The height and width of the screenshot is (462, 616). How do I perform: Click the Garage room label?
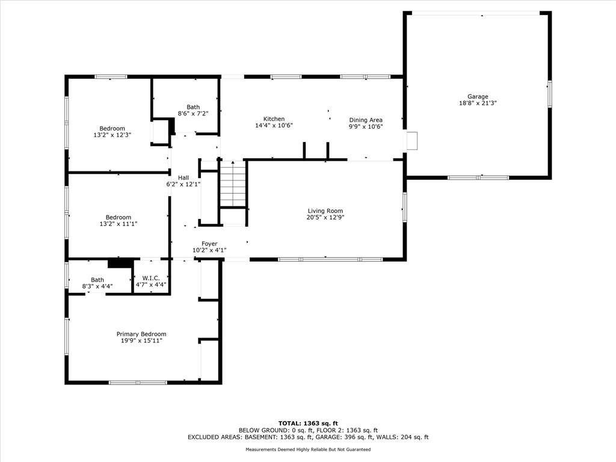coord(478,96)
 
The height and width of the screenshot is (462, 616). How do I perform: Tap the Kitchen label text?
coord(274,119)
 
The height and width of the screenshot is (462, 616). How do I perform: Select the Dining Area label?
coord(366,120)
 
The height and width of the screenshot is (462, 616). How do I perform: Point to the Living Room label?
coord(325,211)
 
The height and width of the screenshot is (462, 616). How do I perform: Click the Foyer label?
coord(209,244)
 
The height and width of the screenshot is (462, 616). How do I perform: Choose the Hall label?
coord(183,177)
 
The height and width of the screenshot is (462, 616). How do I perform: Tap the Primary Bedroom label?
coord(141,334)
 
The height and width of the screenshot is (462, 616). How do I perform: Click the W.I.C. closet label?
coord(151,278)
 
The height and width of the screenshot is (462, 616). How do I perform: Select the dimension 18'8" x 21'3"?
coord(478,103)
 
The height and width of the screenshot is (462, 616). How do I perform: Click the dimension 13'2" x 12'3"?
coord(112,135)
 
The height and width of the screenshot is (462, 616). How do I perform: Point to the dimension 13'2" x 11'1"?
coord(119,224)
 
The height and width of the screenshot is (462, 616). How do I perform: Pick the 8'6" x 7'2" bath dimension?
coord(193,114)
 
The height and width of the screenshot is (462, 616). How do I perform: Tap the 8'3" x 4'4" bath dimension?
coord(97,286)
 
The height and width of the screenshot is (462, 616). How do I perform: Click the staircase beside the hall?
coord(233,183)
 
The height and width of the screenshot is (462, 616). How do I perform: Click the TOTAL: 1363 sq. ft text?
coord(308,423)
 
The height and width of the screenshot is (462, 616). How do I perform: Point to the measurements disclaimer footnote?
coord(308,449)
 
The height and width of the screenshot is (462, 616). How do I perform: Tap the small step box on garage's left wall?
coord(411,141)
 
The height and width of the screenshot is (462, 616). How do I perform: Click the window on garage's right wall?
coord(550,93)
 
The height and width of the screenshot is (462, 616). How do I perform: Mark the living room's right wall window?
coord(404,207)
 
